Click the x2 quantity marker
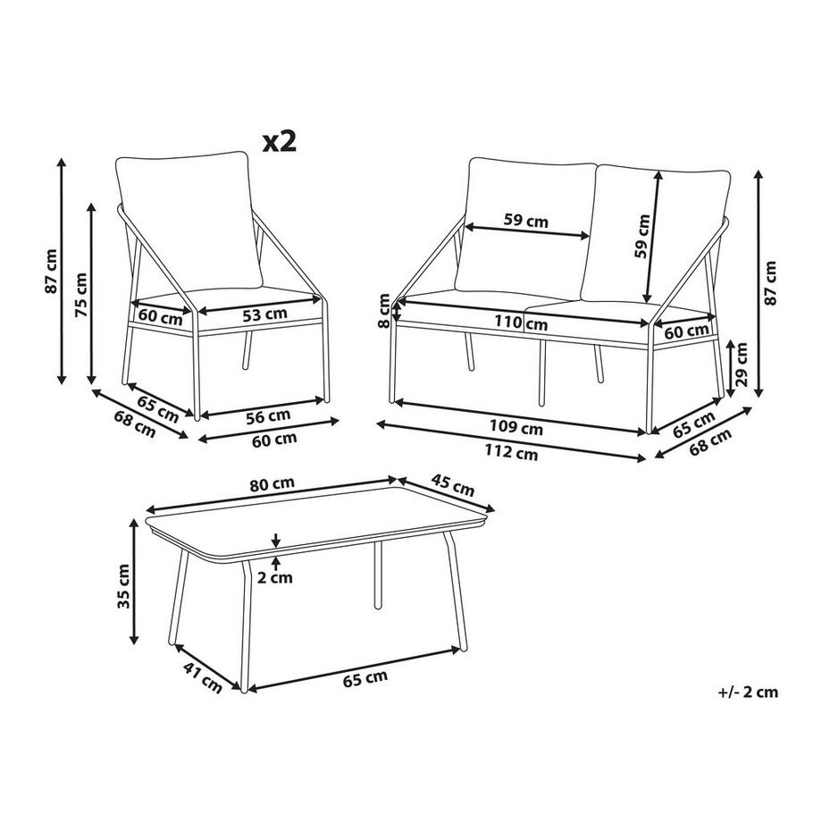[x=278, y=140]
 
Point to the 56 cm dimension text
[x=268, y=415]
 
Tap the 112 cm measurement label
[x=516, y=452]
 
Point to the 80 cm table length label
[x=272, y=484]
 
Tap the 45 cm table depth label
[x=452, y=489]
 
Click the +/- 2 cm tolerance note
[x=748, y=691]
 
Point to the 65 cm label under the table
[x=366, y=676]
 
